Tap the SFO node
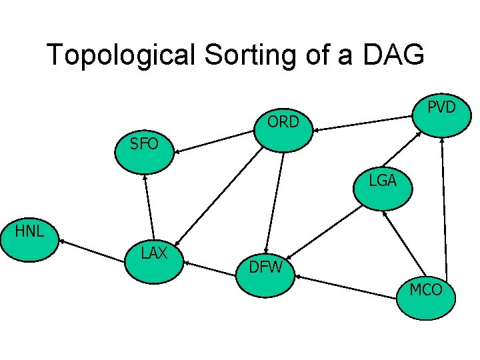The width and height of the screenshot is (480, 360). (x=144, y=151)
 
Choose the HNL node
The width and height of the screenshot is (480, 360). (x=30, y=240)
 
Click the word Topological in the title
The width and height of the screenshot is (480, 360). (x=120, y=55)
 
